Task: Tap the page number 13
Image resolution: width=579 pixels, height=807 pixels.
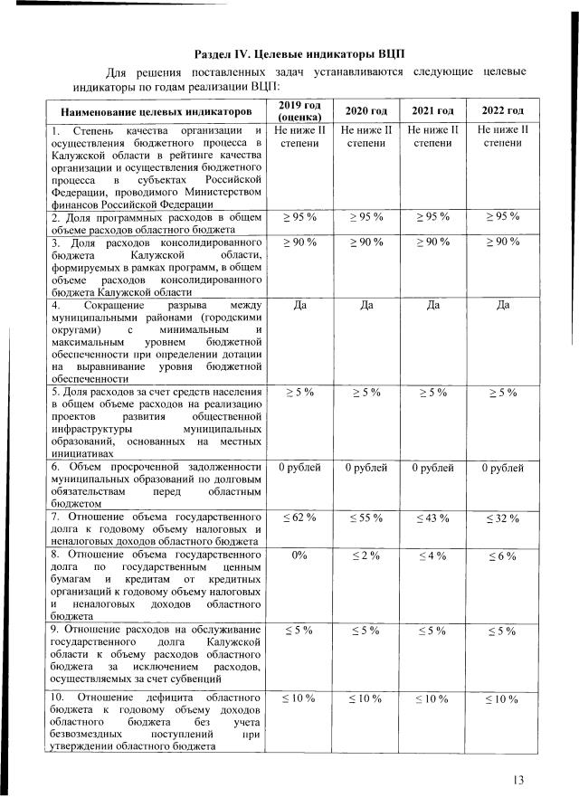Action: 518,780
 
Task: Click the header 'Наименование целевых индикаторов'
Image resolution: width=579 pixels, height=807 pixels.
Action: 157,111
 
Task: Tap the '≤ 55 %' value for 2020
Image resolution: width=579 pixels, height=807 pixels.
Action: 366,517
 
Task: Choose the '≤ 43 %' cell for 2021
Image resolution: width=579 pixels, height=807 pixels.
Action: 432,517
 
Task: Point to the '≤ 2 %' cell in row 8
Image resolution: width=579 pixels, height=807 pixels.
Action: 366,555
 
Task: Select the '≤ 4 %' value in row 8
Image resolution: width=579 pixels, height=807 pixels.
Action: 432,555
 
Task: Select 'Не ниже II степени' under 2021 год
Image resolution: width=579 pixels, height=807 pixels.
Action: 432,137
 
